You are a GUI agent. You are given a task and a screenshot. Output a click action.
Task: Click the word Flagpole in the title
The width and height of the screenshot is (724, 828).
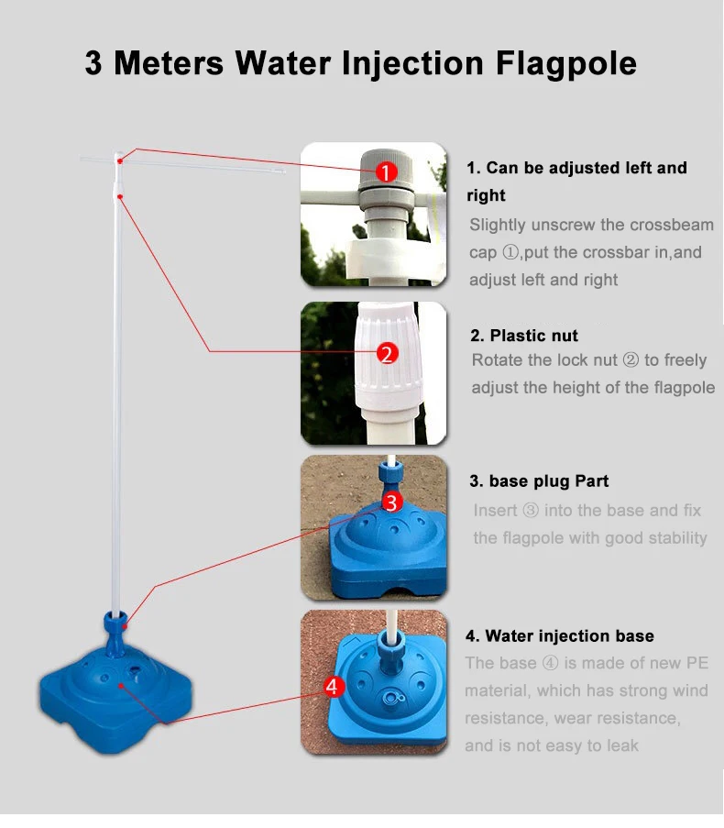click(565, 63)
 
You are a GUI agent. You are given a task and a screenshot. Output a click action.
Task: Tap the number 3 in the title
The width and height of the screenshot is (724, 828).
click(93, 63)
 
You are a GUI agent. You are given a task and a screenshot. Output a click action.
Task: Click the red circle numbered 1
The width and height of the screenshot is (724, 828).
click(386, 172)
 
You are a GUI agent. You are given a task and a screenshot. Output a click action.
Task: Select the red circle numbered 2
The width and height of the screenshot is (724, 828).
click(388, 353)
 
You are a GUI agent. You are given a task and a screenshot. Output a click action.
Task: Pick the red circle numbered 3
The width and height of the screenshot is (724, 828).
click(391, 502)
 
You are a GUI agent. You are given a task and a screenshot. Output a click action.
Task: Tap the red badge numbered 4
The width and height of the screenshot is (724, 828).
click(332, 687)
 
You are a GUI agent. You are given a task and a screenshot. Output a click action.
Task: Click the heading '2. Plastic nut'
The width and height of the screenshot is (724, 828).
click(523, 336)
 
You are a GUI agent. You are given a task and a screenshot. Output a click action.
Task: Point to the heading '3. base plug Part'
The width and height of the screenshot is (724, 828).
click(539, 481)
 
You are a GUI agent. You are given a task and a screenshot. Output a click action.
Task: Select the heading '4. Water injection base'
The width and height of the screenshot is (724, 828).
click(560, 635)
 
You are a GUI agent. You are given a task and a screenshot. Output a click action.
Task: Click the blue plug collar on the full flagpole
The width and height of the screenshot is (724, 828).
click(116, 621)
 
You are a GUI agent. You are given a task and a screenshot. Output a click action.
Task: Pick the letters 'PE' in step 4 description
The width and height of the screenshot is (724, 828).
click(697, 663)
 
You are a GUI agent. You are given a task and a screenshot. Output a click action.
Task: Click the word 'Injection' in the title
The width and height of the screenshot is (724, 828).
click(412, 64)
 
